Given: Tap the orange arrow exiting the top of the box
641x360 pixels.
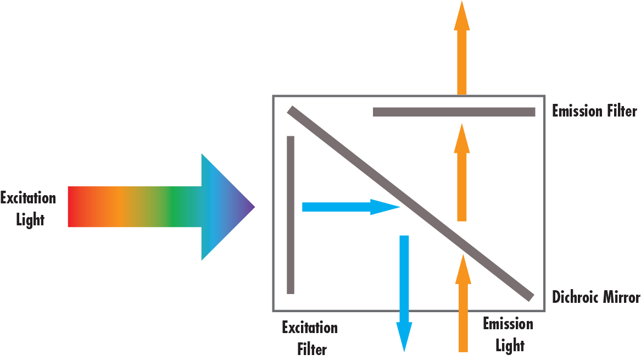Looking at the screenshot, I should tap(462, 49).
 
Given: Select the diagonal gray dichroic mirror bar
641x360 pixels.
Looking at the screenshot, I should tap(409, 203).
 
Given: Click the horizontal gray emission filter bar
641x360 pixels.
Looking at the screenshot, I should tap(454, 112).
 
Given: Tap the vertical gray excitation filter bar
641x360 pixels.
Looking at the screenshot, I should tap(291, 214).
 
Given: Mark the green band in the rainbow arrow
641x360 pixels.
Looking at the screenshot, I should tap(173, 207).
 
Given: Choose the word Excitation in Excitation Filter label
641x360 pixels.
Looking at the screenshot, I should tap(310, 328).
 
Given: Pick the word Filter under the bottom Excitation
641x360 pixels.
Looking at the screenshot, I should tap(311, 349).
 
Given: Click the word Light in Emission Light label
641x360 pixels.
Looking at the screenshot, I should tap(510, 346).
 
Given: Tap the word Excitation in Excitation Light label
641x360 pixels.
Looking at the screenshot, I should tap(28, 198).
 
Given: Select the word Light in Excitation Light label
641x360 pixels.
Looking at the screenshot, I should tap(30, 220).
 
